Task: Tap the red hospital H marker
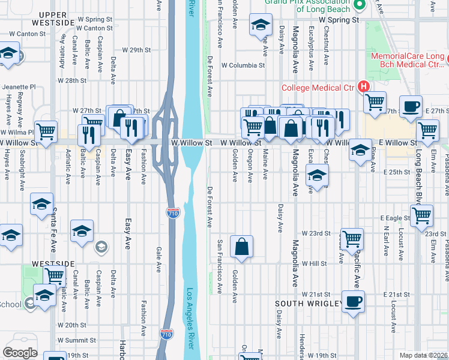click(364, 87)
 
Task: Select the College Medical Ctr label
click(319, 88)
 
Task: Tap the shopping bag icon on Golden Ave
click(241, 247)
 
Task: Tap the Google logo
click(19, 353)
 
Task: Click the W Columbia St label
click(243, 65)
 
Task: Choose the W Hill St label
click(314, 263)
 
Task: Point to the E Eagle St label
click(394, 218)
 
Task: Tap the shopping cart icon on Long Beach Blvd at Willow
click(427, 129)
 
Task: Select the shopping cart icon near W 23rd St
click(351, 239)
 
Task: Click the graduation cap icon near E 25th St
click(316, 176)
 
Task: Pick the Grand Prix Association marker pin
click(360, 7)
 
